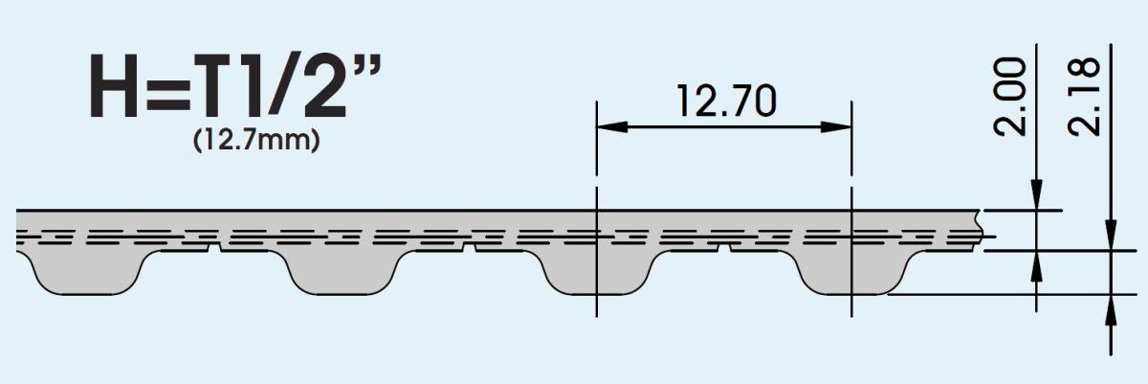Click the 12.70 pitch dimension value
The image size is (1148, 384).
[x=723, y=102]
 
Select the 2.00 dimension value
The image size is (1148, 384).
[x=1016, y=96]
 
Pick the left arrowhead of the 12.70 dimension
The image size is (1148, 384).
[x=607, y=126]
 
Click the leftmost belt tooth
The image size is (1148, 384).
[x=86, y=273]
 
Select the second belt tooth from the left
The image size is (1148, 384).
[x=342, y=273]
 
